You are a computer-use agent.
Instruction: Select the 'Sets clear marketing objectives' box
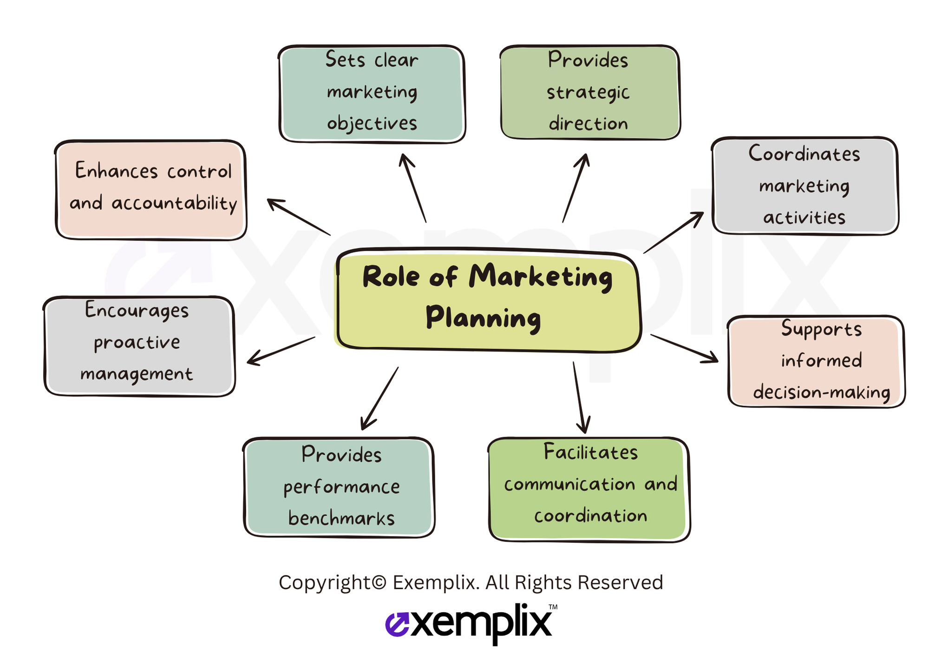(x=372, y=94)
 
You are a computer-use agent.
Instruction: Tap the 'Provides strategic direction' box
(x=590, y=92)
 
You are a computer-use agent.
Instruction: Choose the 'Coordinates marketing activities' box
(x=805, y=186)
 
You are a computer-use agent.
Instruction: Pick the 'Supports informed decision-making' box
(x=816, y=362)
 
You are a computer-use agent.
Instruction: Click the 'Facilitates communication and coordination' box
(x=589, y=489)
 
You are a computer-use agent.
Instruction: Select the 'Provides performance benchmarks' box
(x=339, y=487)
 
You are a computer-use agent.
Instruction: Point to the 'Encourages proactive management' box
(x=139, y=346)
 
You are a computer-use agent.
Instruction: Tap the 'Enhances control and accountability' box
(x=151, y=190)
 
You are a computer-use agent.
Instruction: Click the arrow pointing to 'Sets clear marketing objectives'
(x=412, y=188)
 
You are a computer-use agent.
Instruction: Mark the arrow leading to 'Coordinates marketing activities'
(x=674, y=233)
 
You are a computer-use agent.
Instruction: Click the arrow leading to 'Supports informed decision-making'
(x=684, y=348)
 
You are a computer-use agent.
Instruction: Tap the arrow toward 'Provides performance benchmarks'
(x=379, y=398)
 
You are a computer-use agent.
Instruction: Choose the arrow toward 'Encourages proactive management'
(x=281, y=351)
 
